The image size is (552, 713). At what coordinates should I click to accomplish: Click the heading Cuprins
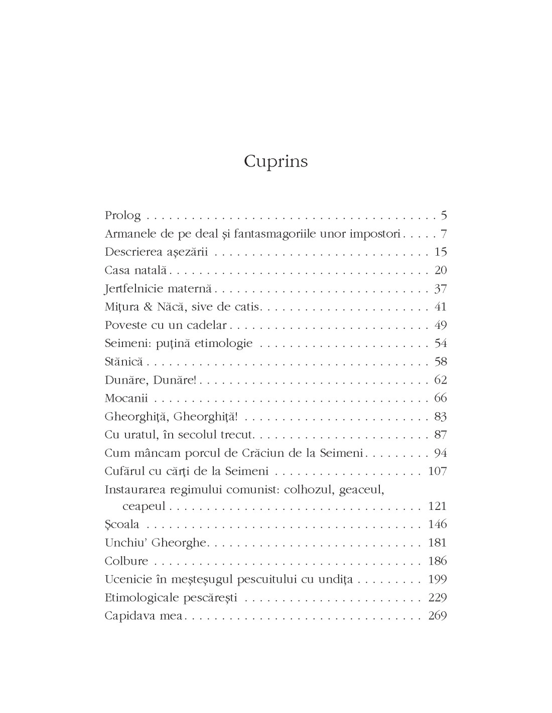pyautogui.click(x=275, y=162)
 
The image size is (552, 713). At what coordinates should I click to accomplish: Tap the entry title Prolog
pyautogui.click(x=122, y=216)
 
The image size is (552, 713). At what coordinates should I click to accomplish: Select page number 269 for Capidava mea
pyautogui.click(x=438, y=616)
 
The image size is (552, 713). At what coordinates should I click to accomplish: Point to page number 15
pyautogui.click(x=441, y=252)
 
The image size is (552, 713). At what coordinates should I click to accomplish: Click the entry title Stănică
pyautogui.click(x=123, y=362)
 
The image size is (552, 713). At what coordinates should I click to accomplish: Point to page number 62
pyautogui.click(x=441, y=380)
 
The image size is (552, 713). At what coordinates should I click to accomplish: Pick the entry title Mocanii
pyautogui.click(x=128, y=398)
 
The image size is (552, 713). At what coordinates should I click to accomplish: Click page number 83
pyautogui.click(x=441, y=416)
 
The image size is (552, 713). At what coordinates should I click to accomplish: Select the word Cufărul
pyautogui.click(x=125, y=471)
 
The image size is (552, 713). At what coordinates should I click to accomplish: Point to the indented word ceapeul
pyautogui.click(x=144, y=506)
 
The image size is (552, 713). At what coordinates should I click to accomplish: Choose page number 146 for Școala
pyautogui.click(x=438, y=524)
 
